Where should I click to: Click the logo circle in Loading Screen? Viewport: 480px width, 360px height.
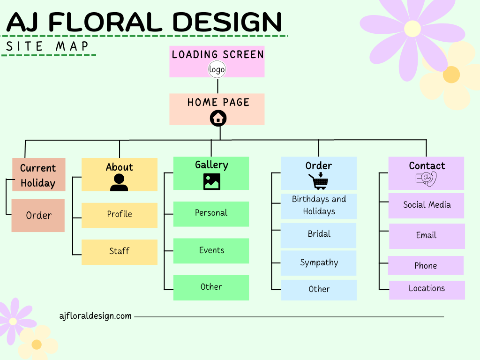(217, 70)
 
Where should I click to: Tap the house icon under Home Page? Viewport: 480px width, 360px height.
(218, 118)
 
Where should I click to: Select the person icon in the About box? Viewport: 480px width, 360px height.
(119, 182)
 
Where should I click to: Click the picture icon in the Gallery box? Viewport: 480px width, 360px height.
(212, 181)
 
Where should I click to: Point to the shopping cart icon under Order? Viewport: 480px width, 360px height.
(318, 181)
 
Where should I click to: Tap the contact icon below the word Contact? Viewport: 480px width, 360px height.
(426, 179)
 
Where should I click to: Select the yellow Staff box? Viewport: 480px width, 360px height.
(120, 252)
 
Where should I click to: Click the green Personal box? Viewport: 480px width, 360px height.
(211, 214)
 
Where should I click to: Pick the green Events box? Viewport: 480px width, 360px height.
(211, 251)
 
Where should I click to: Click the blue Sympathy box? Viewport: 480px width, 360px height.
(319, 263)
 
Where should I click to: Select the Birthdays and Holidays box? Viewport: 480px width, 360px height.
(319, 206)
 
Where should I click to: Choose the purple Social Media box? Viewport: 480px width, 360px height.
(426, 205)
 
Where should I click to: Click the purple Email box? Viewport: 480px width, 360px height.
(427, 236)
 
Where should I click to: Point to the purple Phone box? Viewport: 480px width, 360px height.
(426, 265)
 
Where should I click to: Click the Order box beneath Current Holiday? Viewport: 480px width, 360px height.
(38, 216)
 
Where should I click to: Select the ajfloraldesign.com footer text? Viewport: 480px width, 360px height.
(96, 316)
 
